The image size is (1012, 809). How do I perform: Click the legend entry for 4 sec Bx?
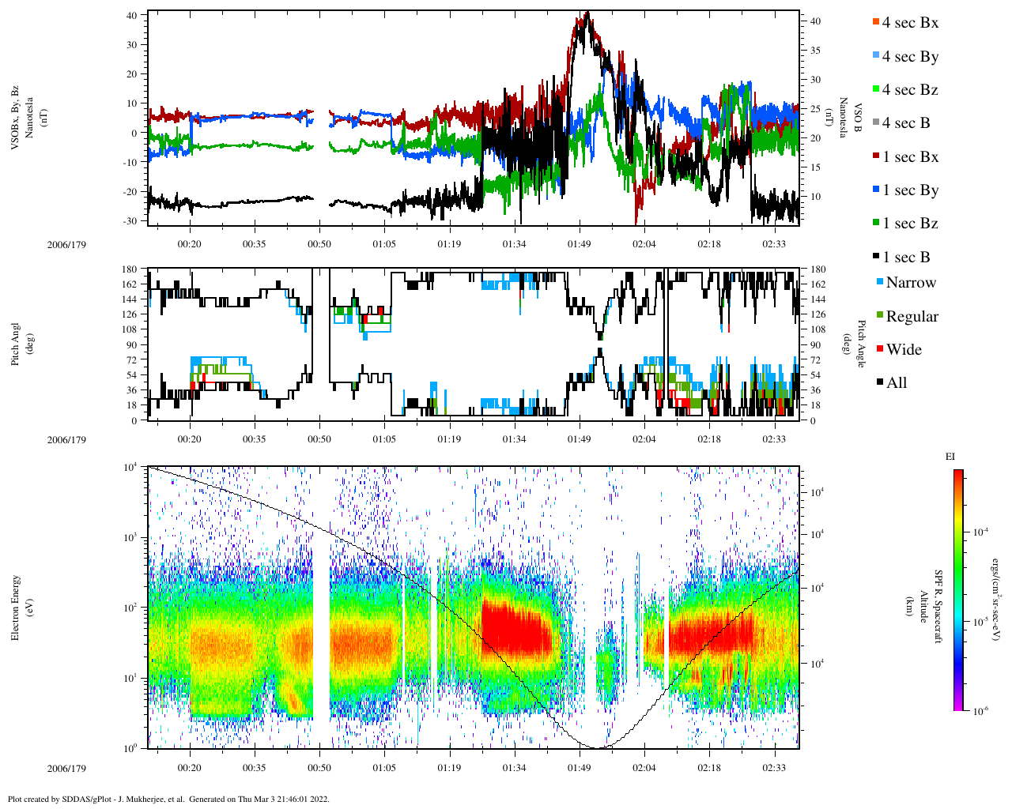909,23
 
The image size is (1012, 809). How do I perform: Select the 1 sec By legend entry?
909,190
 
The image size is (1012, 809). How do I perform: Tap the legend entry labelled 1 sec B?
905,258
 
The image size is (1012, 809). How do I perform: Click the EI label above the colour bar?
950,457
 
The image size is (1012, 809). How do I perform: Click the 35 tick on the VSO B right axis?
814,51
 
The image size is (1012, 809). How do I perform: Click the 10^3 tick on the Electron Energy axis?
131,537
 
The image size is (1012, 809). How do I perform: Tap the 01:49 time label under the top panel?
579,244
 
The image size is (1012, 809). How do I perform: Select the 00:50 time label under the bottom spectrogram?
319,767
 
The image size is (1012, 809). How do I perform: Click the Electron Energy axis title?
17,607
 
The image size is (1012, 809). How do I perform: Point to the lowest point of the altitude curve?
601,747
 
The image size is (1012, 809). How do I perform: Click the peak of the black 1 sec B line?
586,13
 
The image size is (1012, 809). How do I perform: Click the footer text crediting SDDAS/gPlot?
168,799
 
